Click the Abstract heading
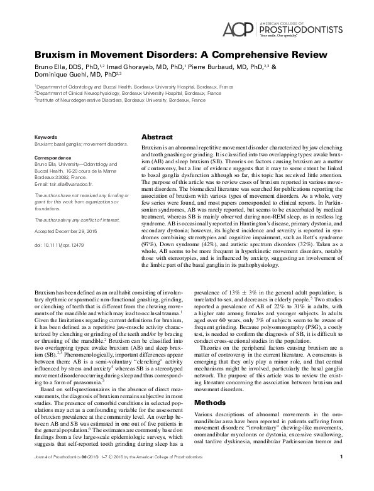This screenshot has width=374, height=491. click(155, 136)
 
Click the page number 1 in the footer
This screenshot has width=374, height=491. click(340, 474)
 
